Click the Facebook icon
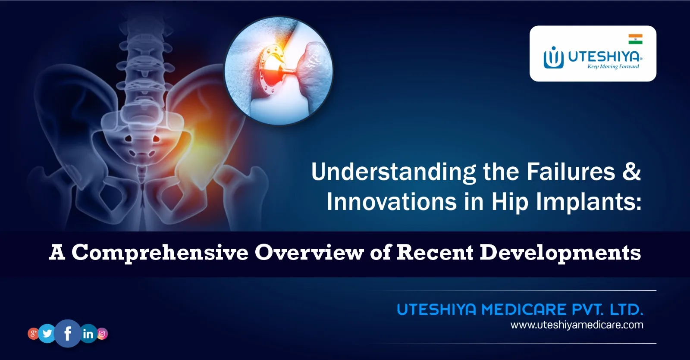click(x=68, y=334)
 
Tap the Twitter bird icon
click(x=47, y=334)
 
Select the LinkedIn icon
click(x=88, y=334)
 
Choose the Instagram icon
click(x=102, y=334)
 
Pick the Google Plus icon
click(x=33, y=334)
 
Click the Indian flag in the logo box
click(x=636, y=39)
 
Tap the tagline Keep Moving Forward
click(x=613, y=66)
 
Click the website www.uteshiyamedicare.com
click(x=577, y=325)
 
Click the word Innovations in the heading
click(x=392, y=202)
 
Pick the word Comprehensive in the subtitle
click(x=160, y=253)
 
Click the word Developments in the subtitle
click(x=560, y=253)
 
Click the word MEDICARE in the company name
click(x=524, y=310)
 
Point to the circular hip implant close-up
click(x=279, y=71)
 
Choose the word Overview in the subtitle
click(x=309, y=253)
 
